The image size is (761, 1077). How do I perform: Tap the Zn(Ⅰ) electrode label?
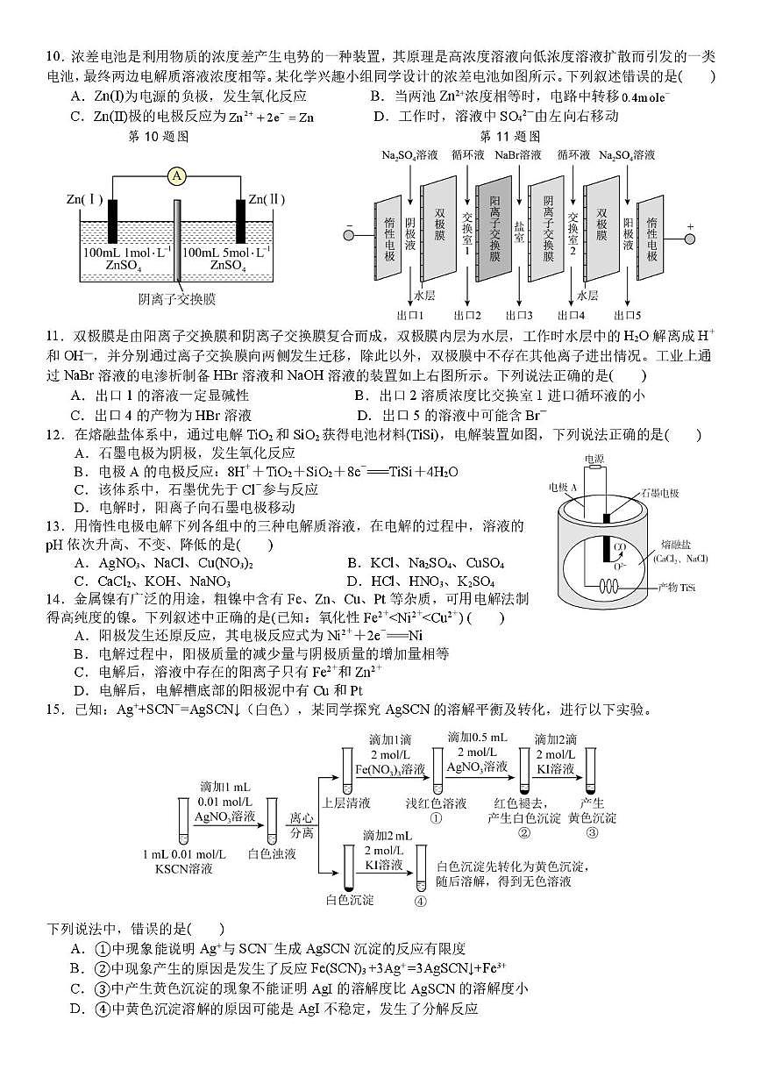coord(85,200)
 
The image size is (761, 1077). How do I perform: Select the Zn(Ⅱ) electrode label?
coord(266,200)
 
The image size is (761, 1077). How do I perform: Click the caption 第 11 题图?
coord(510,137)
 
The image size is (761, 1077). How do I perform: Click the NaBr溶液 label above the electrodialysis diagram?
coord(517,155)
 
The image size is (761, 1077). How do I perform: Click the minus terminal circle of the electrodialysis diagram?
coord(349,233)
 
